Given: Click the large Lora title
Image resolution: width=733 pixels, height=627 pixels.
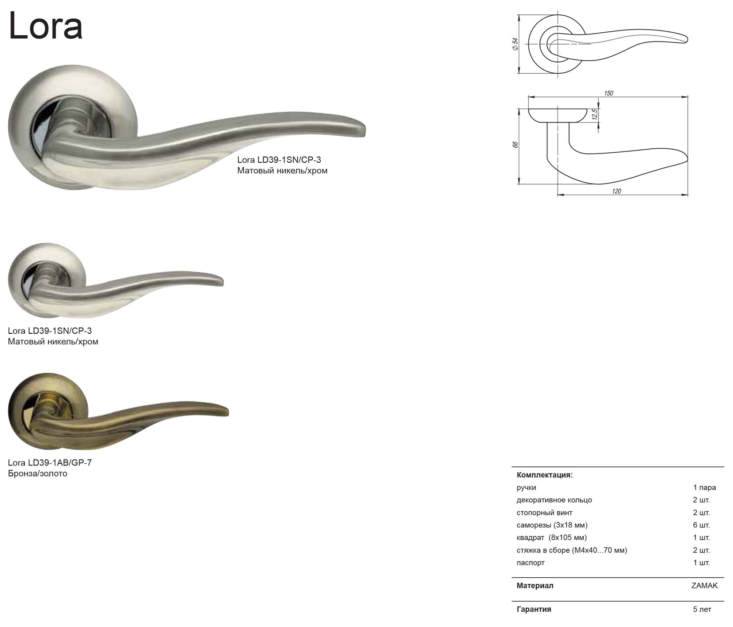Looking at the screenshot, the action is click(45, 26).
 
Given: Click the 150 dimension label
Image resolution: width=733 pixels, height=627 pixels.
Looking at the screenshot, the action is click(608, 93).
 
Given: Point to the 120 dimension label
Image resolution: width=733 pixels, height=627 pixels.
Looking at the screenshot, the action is click(616, 191).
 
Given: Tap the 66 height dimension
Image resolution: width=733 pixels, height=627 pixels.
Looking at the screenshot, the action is click(515, 145).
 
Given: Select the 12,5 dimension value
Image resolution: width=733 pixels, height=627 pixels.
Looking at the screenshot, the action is click(594, 115).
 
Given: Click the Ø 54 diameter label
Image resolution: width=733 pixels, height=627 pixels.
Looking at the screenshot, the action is click(515, 44).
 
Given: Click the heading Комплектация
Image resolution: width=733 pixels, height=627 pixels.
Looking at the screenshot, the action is click(545, 475).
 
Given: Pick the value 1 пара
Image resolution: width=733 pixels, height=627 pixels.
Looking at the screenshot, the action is click(704, 487).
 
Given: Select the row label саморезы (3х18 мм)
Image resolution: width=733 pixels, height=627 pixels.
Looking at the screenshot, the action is click(552, 525).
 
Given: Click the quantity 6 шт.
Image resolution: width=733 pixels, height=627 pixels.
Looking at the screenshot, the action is click(702, 525).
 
